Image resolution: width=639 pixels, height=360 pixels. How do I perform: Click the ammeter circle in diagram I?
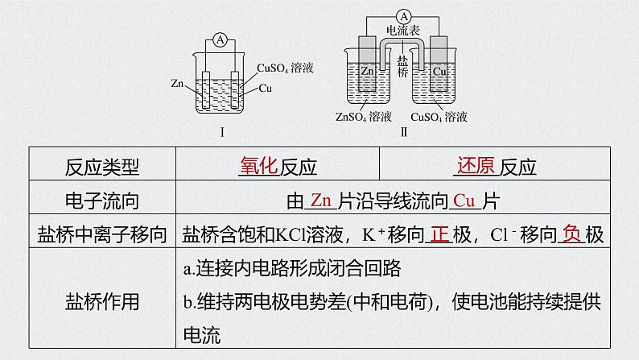click(220, 40)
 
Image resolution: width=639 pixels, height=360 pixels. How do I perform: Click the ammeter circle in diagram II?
click(403, 17)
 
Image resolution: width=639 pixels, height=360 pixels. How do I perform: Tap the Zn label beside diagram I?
click(177, 84)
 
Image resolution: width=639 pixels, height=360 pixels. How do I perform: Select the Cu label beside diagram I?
click(266, 88)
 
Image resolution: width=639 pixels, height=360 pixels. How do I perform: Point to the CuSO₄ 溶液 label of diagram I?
click(285, 68)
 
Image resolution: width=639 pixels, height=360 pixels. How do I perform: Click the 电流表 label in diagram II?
click(403, 30)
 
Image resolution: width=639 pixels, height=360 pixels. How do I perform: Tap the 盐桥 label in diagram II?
click(402, 67)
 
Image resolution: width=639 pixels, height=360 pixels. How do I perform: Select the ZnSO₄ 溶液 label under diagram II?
click(364, 117)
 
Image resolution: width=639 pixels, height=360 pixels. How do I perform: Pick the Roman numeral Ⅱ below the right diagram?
click(404, 132)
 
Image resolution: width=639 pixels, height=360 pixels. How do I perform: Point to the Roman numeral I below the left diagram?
click(222, 132)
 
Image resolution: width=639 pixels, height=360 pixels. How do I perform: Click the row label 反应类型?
click(102, 167)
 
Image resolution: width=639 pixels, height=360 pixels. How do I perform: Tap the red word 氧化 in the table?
click(259, 166)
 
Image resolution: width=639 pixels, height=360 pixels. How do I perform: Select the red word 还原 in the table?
click(476, 166)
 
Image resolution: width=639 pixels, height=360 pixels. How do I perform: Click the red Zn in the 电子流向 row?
click(321, 201)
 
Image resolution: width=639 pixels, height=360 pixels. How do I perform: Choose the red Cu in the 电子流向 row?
click(464, 201)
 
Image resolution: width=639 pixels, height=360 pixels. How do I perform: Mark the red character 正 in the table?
click(439, 234)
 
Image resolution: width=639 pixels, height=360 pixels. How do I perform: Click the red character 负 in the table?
click(571, 234)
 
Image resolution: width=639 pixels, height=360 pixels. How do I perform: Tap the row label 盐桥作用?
click(102, 301)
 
